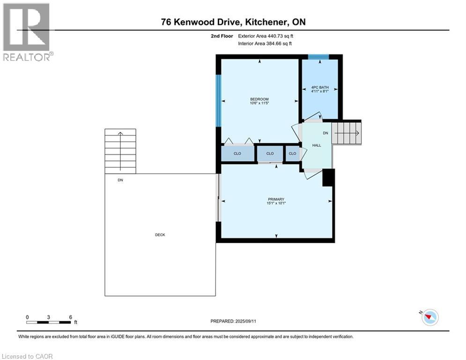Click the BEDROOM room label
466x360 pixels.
259,99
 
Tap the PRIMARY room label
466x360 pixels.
276,199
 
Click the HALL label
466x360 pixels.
317,146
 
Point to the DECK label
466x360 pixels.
160,235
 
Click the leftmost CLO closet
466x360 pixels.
237,154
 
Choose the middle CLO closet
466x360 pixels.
270,154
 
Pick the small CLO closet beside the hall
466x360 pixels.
292,154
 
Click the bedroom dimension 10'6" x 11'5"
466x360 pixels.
259,104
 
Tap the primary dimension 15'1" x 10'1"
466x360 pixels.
276,203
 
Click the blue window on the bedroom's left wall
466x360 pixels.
218,100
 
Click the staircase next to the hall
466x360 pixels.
347,133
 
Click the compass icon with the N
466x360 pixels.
429,317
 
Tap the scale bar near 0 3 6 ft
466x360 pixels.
49,322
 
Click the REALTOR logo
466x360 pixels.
27,31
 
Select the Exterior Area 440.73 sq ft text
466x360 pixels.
266,36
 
